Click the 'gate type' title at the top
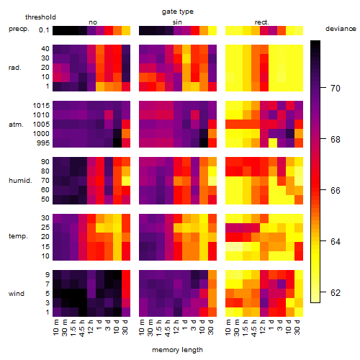[x=178, y=12]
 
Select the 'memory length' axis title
[x=177, y=350]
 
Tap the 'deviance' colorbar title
[x=341, y=29]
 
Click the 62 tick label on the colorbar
[x=336, y=293]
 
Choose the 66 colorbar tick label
[x=336, y=191]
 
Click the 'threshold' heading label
[x=40, y=17]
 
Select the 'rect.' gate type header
[x=261, y=22]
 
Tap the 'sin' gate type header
[x=177, y=22]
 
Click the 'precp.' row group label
[x=19, y=30]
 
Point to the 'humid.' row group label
[x=20, y=181]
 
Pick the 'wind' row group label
[x=17, y=294]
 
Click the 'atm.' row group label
[x=16, y=125]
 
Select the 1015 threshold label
[x=41, y=106]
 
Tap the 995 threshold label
[x=43, y=143]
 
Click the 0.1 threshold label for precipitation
[x=44, y=30]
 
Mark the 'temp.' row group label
[x=18, y=236]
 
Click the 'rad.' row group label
[x=15, y=68]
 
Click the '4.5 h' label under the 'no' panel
[x=82, y=328]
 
